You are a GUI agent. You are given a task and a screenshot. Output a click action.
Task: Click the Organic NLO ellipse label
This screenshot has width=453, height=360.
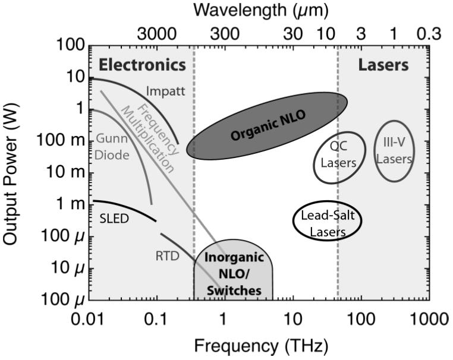click(x=268, y=127)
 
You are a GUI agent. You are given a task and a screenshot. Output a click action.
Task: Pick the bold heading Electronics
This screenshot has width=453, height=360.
click(x=142, y=65)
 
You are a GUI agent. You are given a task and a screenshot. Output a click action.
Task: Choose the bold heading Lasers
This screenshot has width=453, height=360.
click(x=383, y=65)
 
